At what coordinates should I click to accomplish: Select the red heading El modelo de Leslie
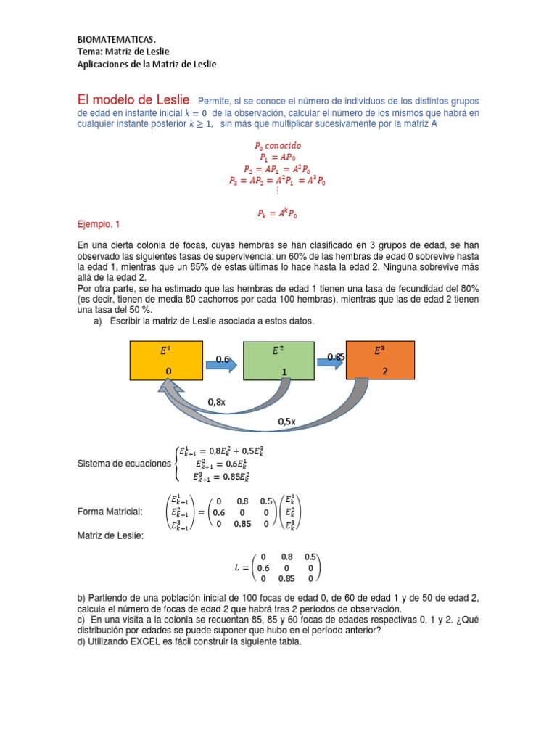[x=133, y=99]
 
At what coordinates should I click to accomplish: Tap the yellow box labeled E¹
[x=166, y=359]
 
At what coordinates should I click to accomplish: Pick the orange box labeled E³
[x=380, y=359]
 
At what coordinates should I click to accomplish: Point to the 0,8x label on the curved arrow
[x=217, y=401]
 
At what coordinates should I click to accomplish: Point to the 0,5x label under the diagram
[x=288, y=422]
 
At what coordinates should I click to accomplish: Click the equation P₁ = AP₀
[x=277, y=156]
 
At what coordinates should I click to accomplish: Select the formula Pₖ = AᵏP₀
[x=277, y=214]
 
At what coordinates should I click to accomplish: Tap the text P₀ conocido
[x=277, y=145]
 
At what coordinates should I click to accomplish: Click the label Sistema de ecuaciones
[x=124, y=464]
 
